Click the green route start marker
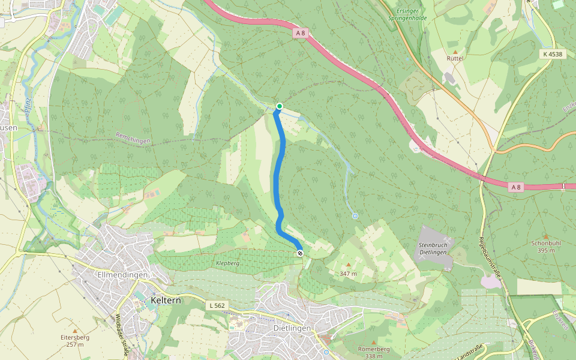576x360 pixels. tap(279, 107)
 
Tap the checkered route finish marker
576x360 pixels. tap(299, 253)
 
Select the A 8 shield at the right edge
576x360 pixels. tap(515, 187)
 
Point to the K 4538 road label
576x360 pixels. tap(553, 54)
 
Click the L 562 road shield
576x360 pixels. tap(217, 306)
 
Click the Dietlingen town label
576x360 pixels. tap(292, 328)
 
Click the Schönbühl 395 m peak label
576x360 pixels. tap(545, 247)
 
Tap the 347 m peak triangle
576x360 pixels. tap(348, 265)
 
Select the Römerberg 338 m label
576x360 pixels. tap(374, 352)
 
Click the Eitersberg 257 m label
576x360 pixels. tap(75, 341)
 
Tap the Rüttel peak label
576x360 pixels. tap(455, 58)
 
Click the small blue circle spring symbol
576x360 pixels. tap(355, 216)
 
